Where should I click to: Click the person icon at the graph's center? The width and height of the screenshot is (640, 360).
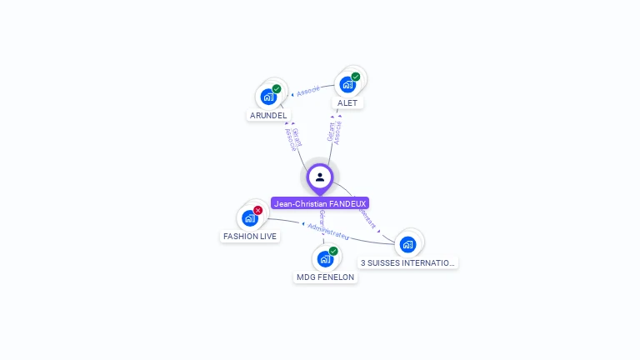[320, 177]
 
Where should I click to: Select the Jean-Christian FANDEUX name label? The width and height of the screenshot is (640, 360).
[320, 203]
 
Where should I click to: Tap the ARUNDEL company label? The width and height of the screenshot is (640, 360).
[268, 115]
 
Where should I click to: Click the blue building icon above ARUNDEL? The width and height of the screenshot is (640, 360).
[267, 97]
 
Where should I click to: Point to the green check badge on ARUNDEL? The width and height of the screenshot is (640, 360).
[277, 89]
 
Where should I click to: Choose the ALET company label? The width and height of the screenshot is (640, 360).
[347, 102]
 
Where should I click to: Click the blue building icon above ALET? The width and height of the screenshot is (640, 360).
[347, 84]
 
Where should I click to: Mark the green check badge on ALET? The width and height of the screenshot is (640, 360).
[356, 77]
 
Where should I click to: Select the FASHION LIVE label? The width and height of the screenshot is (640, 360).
[250, 236]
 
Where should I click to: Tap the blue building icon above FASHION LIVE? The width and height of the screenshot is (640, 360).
[249, 218]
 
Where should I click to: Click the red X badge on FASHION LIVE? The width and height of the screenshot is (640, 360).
[258, 210]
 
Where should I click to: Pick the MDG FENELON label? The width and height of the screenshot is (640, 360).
[325, 277]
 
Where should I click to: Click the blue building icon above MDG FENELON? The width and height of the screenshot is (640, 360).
[325, 258]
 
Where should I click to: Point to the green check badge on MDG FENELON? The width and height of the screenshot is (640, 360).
[333, 251]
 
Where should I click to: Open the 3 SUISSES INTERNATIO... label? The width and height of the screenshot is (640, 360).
[407, 262]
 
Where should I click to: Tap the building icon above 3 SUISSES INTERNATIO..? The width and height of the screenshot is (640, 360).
[407, 244]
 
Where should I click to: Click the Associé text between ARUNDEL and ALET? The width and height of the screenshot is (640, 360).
[308, 91]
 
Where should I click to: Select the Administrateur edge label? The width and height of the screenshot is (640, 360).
[328, 230]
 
